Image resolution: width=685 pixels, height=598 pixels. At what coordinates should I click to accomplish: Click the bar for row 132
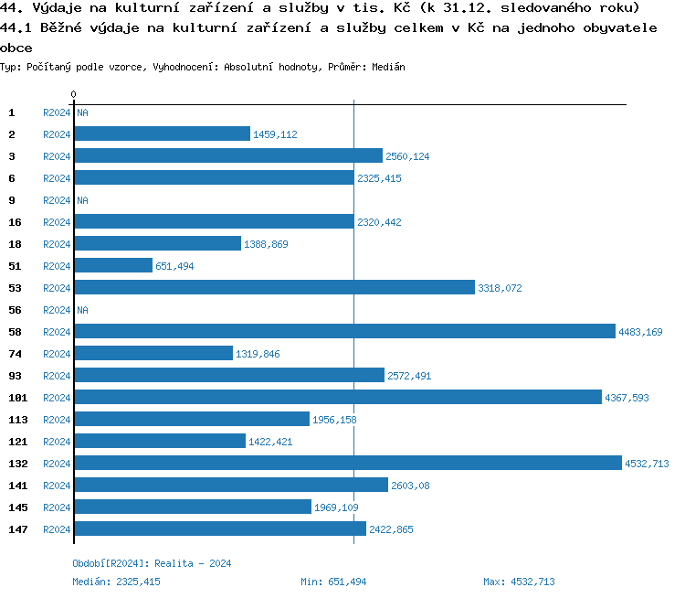[x=347, y=464]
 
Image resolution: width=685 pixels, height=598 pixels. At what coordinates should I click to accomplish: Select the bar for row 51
[x=113, y=266]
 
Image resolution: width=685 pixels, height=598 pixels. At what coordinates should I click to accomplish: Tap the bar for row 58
[x=344, y=332]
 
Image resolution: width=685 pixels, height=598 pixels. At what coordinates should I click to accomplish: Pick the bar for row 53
[x=274, y=288]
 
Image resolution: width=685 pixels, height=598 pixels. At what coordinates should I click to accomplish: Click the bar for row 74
[x=153, y=354]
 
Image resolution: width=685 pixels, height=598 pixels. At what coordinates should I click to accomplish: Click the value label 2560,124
[x=407, y=156]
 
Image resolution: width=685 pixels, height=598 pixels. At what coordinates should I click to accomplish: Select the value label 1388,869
[x=266, y=244]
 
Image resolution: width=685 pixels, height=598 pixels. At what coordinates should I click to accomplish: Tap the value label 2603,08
[x=410, y=486]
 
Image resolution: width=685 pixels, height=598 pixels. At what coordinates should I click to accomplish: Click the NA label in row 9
[x=82, y=200]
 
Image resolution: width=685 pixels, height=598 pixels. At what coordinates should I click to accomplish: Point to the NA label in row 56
[x=82, y=310]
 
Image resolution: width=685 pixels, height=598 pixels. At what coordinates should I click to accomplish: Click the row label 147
[x=18, y=529]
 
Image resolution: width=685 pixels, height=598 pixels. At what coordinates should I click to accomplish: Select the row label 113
[x=18, y=420]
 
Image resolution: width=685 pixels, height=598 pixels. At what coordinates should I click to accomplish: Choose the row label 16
[x=16, y=222]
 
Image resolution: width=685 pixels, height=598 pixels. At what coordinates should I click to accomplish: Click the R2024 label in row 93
[x=57, y=376]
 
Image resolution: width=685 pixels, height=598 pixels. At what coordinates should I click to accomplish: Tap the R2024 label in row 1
[x=57, y=112]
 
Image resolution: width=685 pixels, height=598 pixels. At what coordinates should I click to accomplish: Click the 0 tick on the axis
[x=73, y=94]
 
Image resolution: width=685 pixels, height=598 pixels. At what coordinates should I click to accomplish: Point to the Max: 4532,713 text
[x=519, y=582]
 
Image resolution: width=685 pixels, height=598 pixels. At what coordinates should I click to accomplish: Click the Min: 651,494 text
[x=333, y=582]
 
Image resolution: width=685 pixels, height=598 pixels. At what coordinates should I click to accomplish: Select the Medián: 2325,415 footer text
[x=116, y=582]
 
